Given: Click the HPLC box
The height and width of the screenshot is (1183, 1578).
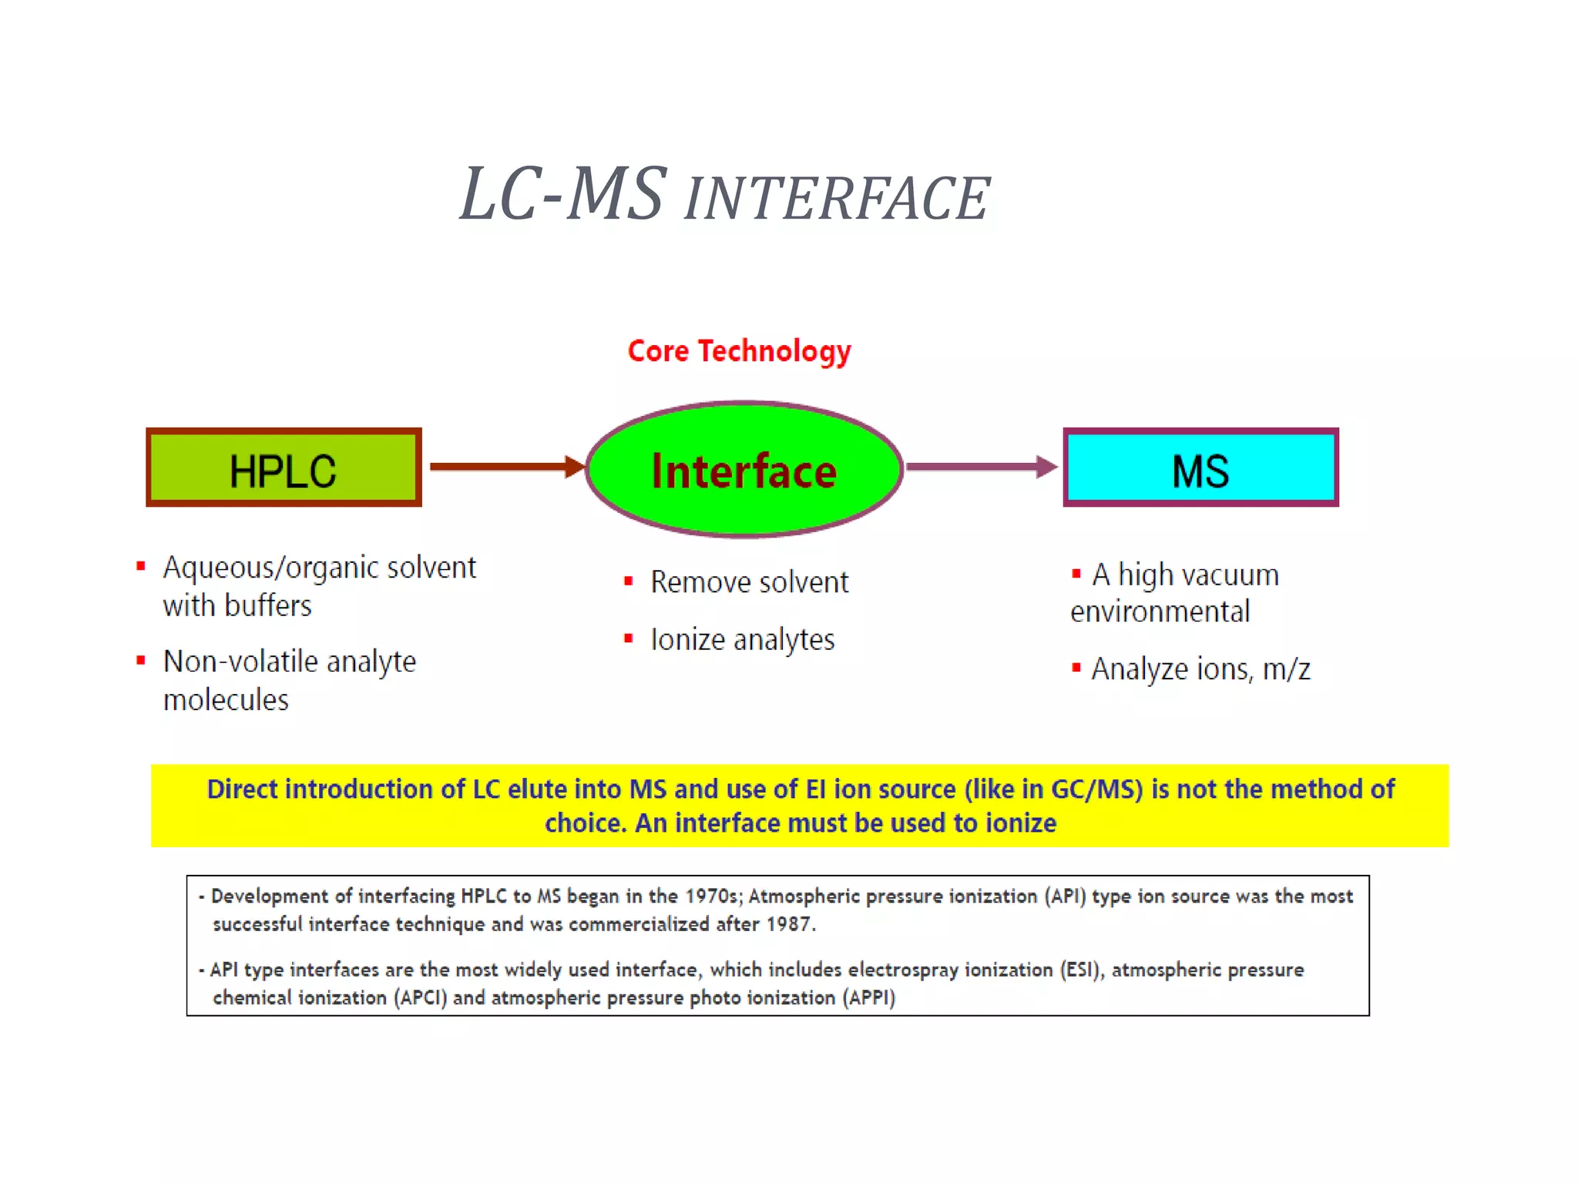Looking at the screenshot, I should pyautogui.click(x=284, y=468).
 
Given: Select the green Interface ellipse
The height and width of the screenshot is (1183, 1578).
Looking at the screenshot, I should pyautogui.click(x=744, y=469).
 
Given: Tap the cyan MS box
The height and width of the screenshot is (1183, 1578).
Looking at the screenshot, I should pyautogui.click(x=1200, y=468).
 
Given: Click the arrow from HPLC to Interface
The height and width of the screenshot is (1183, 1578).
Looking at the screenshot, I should pyautogui.click(x=505, y=467).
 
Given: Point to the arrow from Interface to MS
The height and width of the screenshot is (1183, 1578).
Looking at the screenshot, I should pyautogui.click(x=981, y=467).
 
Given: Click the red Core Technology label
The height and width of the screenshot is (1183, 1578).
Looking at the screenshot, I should pyautogui.click(x=739, y=351).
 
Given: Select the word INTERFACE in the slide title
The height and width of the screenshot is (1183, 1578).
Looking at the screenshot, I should pyautogui.click(x=837, y=199).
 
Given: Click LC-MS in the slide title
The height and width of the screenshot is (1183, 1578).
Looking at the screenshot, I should pyautogui.click(x=562, y=195).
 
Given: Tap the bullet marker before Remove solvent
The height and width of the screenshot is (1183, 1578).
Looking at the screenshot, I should pyautogui.click(x=629, y=581).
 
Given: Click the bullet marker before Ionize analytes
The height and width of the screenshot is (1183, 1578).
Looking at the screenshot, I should pyautogui.click(x=629, y=638).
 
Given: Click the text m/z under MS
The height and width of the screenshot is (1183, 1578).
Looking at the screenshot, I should pyautogui.click(x=1286, y=669).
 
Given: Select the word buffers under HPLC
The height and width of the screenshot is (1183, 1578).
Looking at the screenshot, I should pyautogui.click(x=269, y=606).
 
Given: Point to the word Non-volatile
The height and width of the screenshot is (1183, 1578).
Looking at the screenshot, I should pyautogui.click(x=241, y=662).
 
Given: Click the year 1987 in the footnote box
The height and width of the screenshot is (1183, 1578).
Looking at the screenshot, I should pyautogui.click(x=791, y=924).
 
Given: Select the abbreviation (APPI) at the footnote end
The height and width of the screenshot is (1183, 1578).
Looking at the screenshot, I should pyautogui.click(x=868, y=998).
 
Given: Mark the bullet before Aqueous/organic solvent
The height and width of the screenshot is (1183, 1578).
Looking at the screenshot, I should pyautogui.click(x=141, y=567).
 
